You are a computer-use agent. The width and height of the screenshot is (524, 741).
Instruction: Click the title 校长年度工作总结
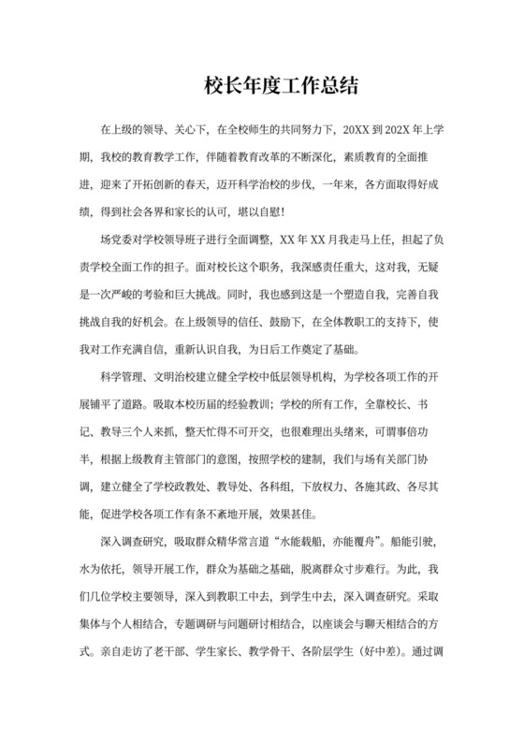[281, 87]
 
